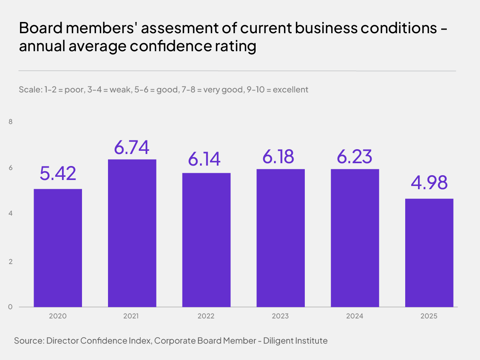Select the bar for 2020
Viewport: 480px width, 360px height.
tap(58, 248)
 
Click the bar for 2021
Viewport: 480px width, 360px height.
tap(132, 233)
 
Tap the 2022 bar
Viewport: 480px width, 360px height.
tap(206, 240)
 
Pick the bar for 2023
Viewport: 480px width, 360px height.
tap(280, 238)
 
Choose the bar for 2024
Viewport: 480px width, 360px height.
tap(355, 238)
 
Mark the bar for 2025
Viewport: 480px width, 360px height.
tap(429, 253)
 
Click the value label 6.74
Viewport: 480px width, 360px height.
tap(132, 147)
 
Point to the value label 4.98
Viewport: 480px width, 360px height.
tap(429, 183)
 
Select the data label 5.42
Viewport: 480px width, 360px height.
tap(58, 173)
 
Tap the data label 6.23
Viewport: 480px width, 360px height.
tap(355, 156)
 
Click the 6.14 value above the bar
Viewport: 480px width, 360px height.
tap(204, 159)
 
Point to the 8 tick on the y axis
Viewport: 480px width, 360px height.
tap(11, 122)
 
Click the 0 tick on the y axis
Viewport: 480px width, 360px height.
tap(11, 307)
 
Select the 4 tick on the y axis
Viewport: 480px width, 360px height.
tap(11, 214)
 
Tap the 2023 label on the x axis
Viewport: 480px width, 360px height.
tap(280, 316)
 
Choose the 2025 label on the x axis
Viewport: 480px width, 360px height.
tap(429, 316)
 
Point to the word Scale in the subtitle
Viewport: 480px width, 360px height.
tap(29, 90)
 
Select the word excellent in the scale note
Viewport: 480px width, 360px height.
tap(290, 90)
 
